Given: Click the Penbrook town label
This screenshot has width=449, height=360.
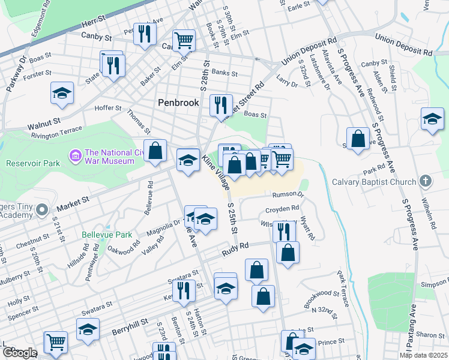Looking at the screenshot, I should pyautogui.click(x=178, y=103).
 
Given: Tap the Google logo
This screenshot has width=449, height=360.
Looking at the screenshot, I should pyautogui.click(x=19, y=353).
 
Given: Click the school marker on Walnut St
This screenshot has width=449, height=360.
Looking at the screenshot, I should pyautogui.click(x=61, y=92).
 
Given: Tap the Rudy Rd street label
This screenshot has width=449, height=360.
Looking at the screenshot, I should pyautogui.click(x=234, y=247).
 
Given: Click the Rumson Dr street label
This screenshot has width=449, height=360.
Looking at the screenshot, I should pyautogui.click(x=288, y=194).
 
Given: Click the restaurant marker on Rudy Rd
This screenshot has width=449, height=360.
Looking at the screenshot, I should pyautogui.click(x=284, y=230).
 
